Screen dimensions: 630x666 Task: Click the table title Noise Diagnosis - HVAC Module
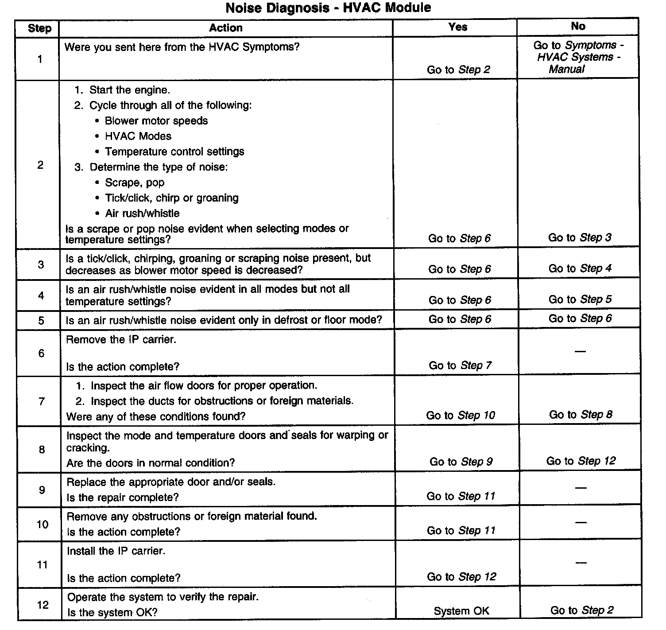click(x=328, y=8)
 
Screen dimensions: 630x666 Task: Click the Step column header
click(x=39, y=28)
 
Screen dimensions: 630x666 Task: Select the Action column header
click(x=226, y=28)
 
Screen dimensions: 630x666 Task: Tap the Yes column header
click(x=457, y=27)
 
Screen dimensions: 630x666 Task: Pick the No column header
click(x=578, y=26)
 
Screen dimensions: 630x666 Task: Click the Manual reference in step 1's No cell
click(x=567, y=69)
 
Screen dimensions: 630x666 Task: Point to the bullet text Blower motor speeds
click(x=156, y=121)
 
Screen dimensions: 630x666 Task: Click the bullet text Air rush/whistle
click(x=142, y=214)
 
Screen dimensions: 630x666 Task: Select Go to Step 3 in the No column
click(x=580, y=237)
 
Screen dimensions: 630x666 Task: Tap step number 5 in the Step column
click(x=41, y=320)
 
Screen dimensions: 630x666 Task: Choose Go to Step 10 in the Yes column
click(x=460, y=415)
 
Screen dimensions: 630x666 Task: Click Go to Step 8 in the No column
click(x=581, y=414)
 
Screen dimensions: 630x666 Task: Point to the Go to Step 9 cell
click(x=461, y=462)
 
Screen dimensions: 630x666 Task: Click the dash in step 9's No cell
click(x=581, y=488)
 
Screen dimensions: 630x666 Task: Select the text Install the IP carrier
click(x=116, y=551)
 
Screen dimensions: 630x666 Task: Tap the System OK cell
click(x=461, y=611)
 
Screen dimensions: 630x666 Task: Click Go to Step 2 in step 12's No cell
click(x=581, y=610)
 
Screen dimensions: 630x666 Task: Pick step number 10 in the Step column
click(x=42, y=525)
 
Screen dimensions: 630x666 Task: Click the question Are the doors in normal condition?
click(x=151, y=463)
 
